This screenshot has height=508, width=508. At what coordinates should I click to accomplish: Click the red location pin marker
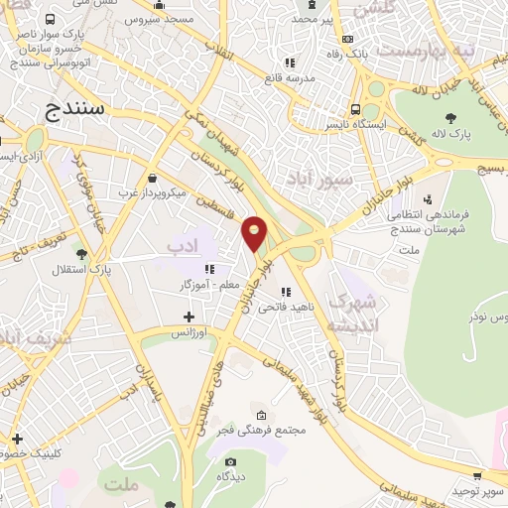[x=255, y=232]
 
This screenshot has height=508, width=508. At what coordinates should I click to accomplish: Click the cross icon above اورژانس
[x=190, y=317]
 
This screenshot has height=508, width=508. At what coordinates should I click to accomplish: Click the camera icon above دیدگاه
[x=231, y=461]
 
